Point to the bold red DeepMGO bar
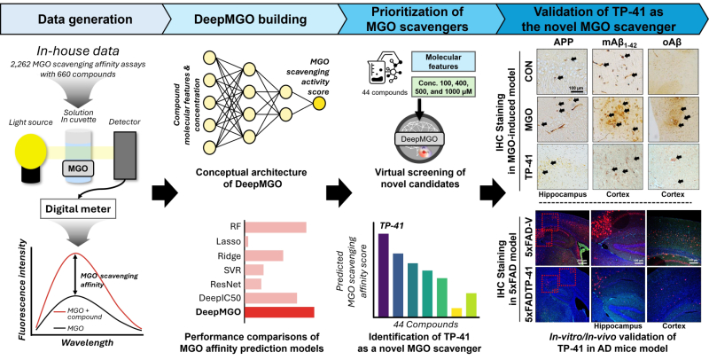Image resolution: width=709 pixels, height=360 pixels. tap(279, 312)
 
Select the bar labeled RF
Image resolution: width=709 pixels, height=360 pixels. tap(276, 227)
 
